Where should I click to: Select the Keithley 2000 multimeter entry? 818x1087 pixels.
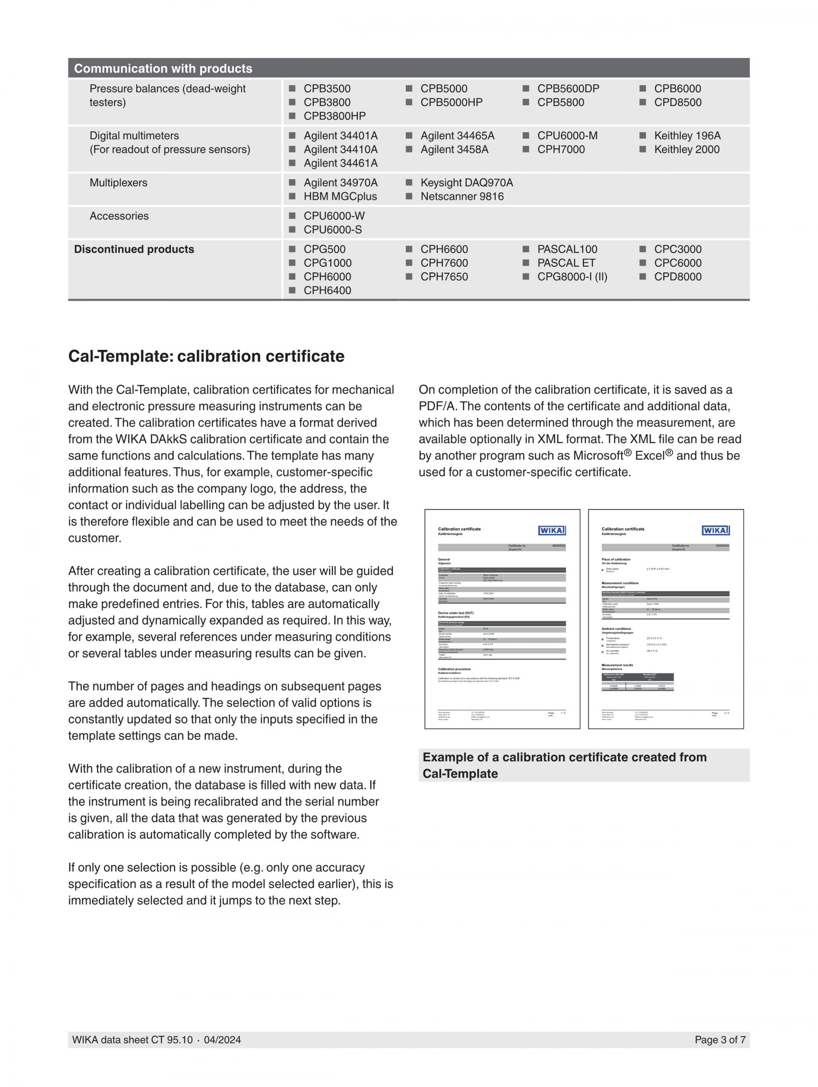click(x=686, y=149)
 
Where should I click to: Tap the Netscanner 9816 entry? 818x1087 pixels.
click(x=462, y=197)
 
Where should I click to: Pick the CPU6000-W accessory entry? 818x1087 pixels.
click(x=334, y=216)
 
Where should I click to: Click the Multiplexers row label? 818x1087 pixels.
click(x=118, y=183)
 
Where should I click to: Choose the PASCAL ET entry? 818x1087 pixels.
click(x=566, y=263)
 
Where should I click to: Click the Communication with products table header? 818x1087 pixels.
click(x=163, y=68)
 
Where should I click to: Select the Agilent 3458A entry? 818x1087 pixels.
click(x=454, y=149)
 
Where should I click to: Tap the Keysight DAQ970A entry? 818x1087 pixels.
click(x=467, y=183)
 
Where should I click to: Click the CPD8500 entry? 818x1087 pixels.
click(x=677, y=102)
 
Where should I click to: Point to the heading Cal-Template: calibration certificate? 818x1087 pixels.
click(x=206, y=356)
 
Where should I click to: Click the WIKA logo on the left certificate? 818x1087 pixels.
click(x=552, y=530)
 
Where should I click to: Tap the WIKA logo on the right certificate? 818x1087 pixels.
click(x=715, y=530)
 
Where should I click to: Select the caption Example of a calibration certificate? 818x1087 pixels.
click(x=564, y=765)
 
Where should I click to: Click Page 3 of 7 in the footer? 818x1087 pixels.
click(x=720, y=1040)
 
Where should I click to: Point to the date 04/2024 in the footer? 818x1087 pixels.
click(x=222, y=1040)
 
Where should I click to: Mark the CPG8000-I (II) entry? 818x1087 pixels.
click(x=572, y=277)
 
